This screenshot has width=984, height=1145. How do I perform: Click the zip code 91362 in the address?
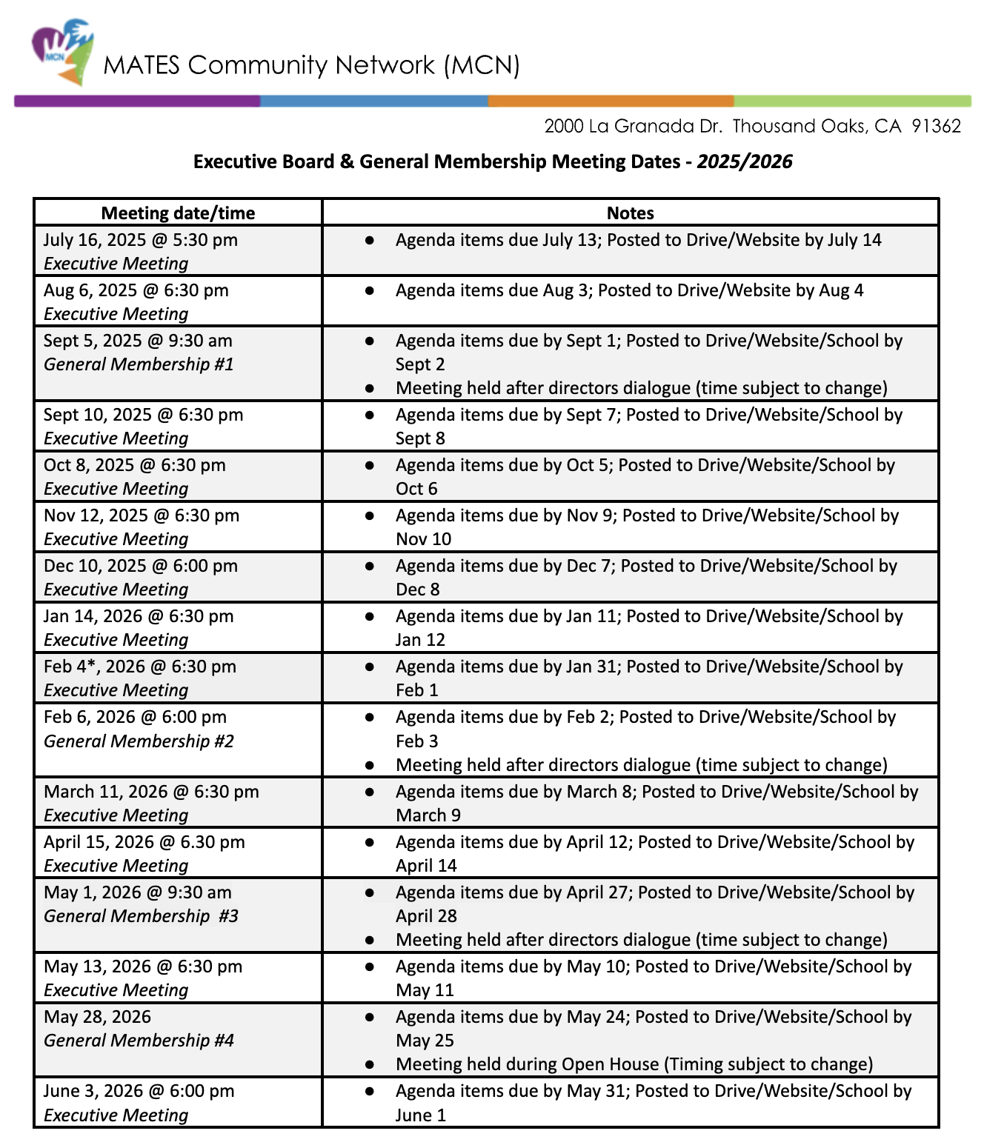(936, 126)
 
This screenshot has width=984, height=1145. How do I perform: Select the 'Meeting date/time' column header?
(178, 213)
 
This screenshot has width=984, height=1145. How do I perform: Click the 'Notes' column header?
(630, 213)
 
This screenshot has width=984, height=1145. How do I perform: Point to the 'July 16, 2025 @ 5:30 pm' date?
(140, 240)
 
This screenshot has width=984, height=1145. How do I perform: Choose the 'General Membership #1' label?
(139, 364)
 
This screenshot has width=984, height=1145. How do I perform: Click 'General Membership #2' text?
(139, 741)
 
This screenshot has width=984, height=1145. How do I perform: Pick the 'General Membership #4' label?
(139, 1041)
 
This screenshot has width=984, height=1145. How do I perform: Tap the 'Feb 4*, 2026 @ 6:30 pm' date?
(140, 667)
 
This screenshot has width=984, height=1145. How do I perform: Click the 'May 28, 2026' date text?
(97, 1017)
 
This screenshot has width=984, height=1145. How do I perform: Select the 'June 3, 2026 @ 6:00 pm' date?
(139, 1091)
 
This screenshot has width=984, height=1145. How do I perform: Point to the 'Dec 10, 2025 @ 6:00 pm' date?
(141, 566)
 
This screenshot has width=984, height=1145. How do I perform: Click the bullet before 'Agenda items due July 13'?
(369, 240)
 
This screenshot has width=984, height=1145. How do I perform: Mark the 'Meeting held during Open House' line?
(634, 1064)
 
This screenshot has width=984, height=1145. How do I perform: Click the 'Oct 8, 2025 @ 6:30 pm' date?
(135, 465)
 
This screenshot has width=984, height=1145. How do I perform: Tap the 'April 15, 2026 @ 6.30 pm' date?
(144, 842)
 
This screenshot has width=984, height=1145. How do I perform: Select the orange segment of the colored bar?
(611, 101)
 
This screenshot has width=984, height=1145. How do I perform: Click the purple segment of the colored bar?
(137, 101)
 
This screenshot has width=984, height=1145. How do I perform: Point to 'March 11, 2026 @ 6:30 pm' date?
(151, 792)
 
